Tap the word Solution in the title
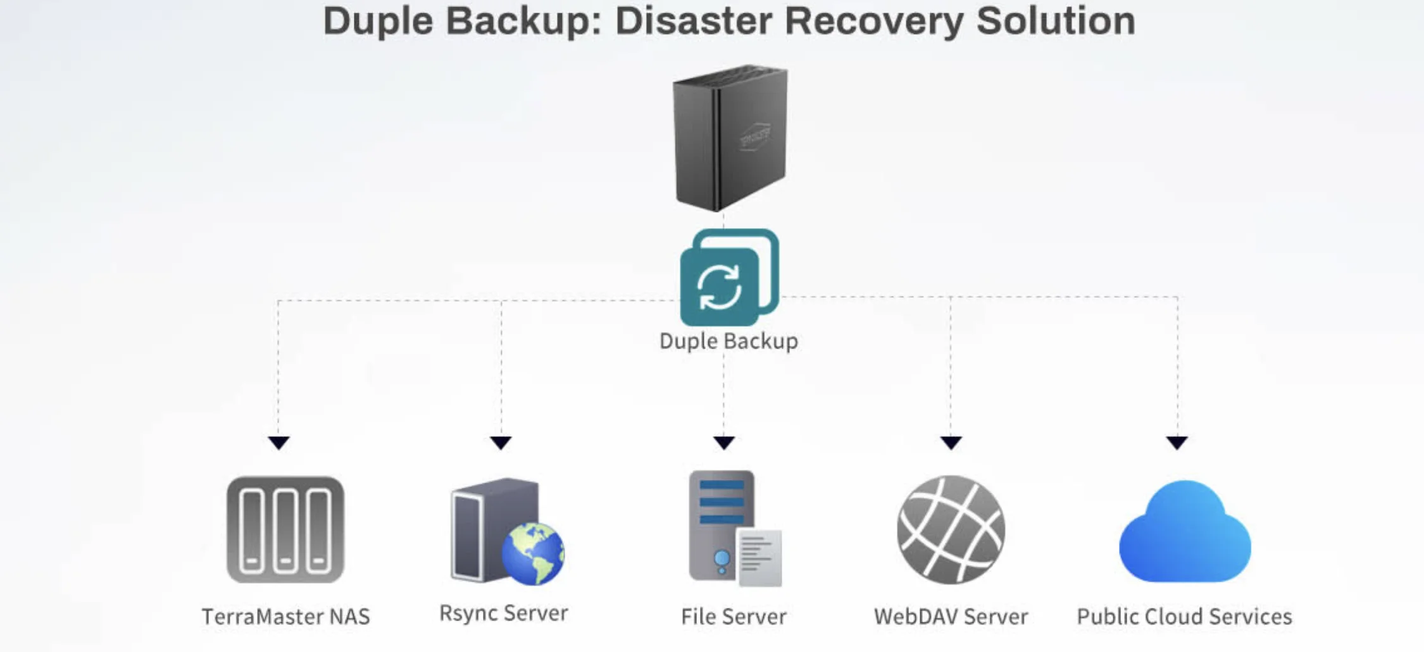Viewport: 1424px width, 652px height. tap(1056, 21)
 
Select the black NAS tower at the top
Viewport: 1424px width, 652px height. tap(730, 138)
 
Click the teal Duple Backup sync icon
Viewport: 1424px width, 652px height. tap(728, 278)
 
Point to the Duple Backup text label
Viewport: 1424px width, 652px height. tap(728, 341)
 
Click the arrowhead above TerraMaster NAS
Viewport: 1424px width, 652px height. tap(278, 442)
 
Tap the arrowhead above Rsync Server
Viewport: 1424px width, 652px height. tap(501, 442)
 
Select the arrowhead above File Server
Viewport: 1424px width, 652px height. tap(724, 442)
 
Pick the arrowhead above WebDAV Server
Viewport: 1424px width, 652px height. tap(951, 442)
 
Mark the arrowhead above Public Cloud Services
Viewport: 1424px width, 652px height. tap(1177, 442)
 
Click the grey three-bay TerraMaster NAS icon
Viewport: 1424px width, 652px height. tap(285, 530)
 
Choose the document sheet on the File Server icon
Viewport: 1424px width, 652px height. tap(759, 558)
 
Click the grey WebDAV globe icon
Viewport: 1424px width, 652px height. tap(951, 530)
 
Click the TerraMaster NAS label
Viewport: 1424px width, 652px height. tap(285, 617)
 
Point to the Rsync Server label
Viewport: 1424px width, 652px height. tap(504, 613)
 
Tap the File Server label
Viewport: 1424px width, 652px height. tap(734, 617)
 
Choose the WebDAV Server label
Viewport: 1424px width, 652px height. tap(951, 617)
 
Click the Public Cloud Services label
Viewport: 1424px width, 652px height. tap(1184, 617)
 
